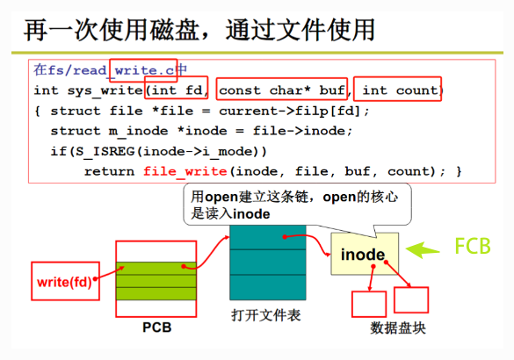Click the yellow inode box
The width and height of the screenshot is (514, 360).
[x=365, y=254]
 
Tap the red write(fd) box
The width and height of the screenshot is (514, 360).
[x=65, y=281]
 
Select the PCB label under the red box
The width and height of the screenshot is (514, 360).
[x=156, y=328]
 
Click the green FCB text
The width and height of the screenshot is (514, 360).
[x=473, y=246]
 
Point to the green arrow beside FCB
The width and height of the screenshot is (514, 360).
[x=423, y=250]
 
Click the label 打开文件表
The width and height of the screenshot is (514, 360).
[x=266, y=315]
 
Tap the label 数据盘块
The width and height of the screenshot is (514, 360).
[x=398, y=328]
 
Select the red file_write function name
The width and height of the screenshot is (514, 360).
[x=185, y=171]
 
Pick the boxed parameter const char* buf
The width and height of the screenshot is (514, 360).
[x=282, y=89]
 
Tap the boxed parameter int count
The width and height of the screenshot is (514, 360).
[x=398, y=89]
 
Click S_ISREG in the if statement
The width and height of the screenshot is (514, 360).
[x=105, y=152]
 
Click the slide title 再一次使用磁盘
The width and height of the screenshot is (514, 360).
[x=112, y=30]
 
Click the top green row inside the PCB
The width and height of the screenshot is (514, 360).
[x=156, y=269]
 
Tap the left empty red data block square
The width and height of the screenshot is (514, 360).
[x=369, y=304]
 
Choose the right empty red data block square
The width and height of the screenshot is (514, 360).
[x=411, y=299]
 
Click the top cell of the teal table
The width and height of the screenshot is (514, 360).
[x=268, y=237]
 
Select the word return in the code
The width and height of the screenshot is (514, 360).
[x=110, y=171]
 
